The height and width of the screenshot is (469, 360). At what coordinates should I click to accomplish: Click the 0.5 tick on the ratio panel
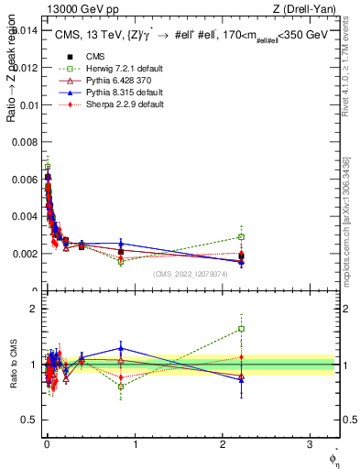(29, 420)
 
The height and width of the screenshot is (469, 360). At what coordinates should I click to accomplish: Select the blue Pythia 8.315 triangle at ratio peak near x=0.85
(121, 348)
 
